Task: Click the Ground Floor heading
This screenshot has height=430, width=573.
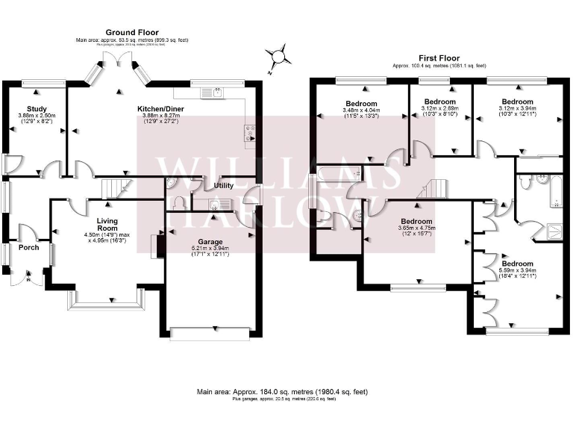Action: point(131,32)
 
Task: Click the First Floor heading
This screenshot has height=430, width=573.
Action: point(439,57)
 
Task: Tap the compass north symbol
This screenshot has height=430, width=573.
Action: point(278,54)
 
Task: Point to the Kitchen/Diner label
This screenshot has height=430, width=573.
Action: point(161,109)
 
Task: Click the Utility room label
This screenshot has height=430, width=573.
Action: point(224,184)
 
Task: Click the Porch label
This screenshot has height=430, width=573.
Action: point(29,247)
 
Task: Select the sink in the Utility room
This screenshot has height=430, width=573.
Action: point(214,204)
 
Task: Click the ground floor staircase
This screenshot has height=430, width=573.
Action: point(111,187)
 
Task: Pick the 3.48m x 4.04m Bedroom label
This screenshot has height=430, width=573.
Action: point(361,104)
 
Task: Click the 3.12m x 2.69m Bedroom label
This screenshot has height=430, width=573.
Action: point(440,101)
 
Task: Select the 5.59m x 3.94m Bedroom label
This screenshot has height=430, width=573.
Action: point(517,264)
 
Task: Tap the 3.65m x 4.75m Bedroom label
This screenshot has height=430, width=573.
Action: point(416,221)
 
